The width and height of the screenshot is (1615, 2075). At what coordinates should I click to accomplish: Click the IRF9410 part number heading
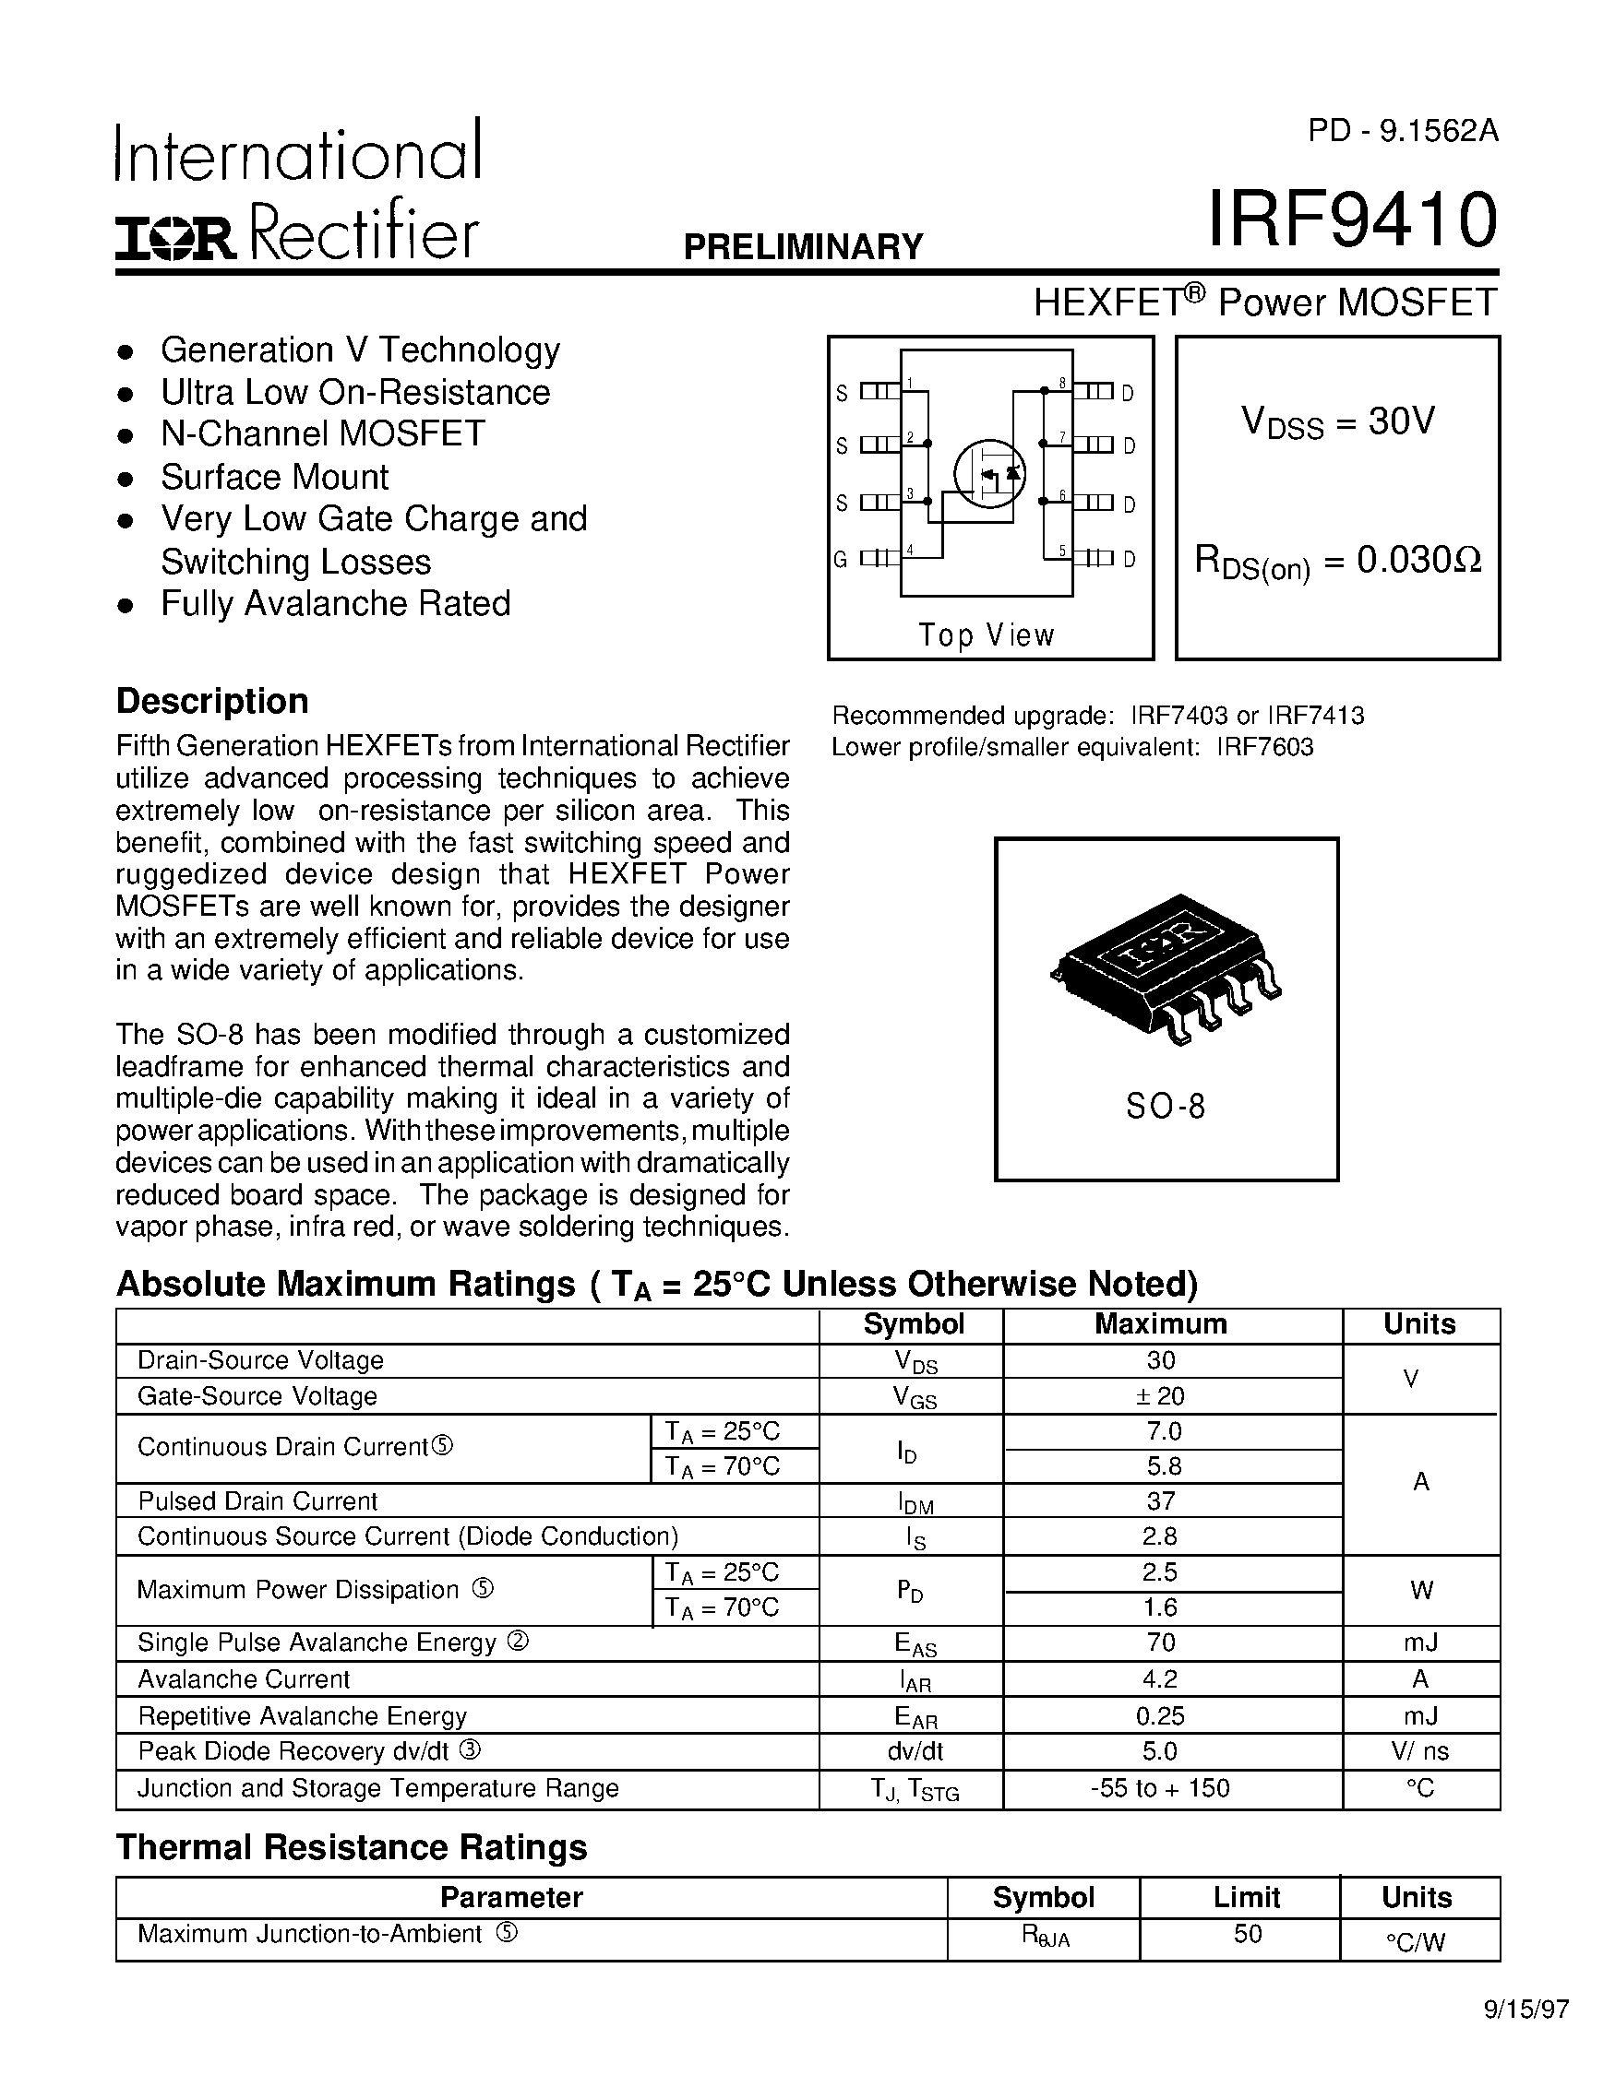(x=1352, y=219)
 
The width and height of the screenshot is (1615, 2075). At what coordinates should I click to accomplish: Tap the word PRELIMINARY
(x=803, y=247)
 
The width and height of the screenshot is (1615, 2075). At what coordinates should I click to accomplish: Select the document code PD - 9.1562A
(x=1402, y=131)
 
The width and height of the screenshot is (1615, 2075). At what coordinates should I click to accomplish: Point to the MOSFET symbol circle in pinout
(x=989, y=473)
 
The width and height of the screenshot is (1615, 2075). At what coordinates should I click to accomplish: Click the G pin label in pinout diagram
(x=841, y=560)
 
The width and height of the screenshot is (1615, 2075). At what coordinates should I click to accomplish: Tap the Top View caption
(x=987, y=634)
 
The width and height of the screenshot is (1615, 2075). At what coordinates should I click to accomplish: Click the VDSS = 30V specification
(x=1337, y=421)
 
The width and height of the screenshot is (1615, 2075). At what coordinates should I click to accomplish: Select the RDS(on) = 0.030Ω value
(x=1337, y=562)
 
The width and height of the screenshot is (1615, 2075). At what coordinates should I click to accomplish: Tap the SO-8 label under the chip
(x=1166, y=1106)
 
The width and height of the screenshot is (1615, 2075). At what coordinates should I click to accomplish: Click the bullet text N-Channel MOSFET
(x=323, y=434)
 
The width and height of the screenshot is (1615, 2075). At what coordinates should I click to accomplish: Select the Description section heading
(x=212, y=701)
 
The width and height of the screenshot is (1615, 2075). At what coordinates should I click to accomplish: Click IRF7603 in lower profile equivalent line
(x=1265, y=747)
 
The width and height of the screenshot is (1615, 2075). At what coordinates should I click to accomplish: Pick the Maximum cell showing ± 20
(x=1161, y=1395)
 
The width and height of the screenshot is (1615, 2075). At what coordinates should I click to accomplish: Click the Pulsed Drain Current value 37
(x=1161, y=1501)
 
